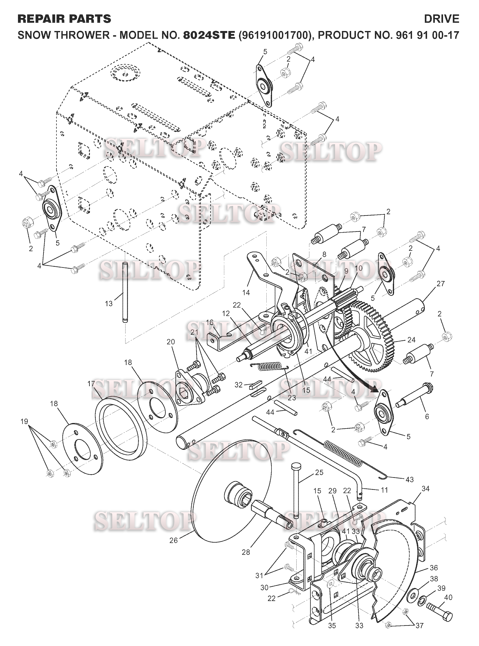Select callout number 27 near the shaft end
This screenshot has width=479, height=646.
coord(440,284)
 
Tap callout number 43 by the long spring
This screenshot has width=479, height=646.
coord(409,479)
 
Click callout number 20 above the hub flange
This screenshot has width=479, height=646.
coord(171,342)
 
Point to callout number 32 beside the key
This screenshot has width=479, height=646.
coord(238,385)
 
